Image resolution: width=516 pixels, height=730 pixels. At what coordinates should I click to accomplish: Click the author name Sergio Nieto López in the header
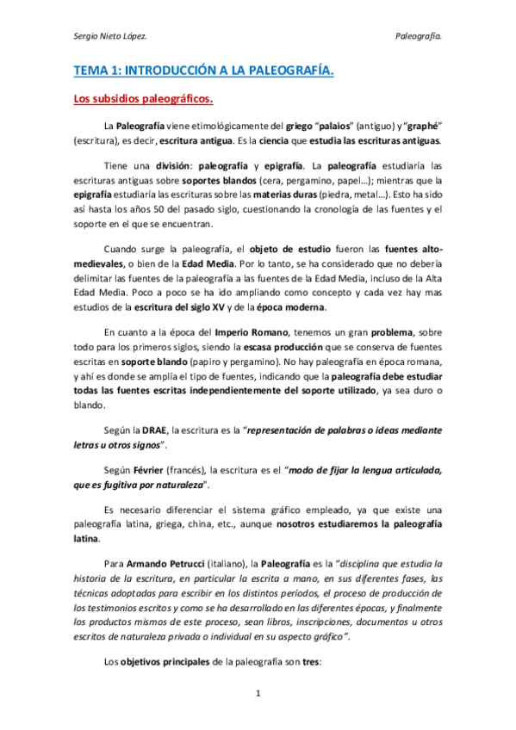pos(109,36)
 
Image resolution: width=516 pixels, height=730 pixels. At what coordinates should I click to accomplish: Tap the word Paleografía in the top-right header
pos(418,36)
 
